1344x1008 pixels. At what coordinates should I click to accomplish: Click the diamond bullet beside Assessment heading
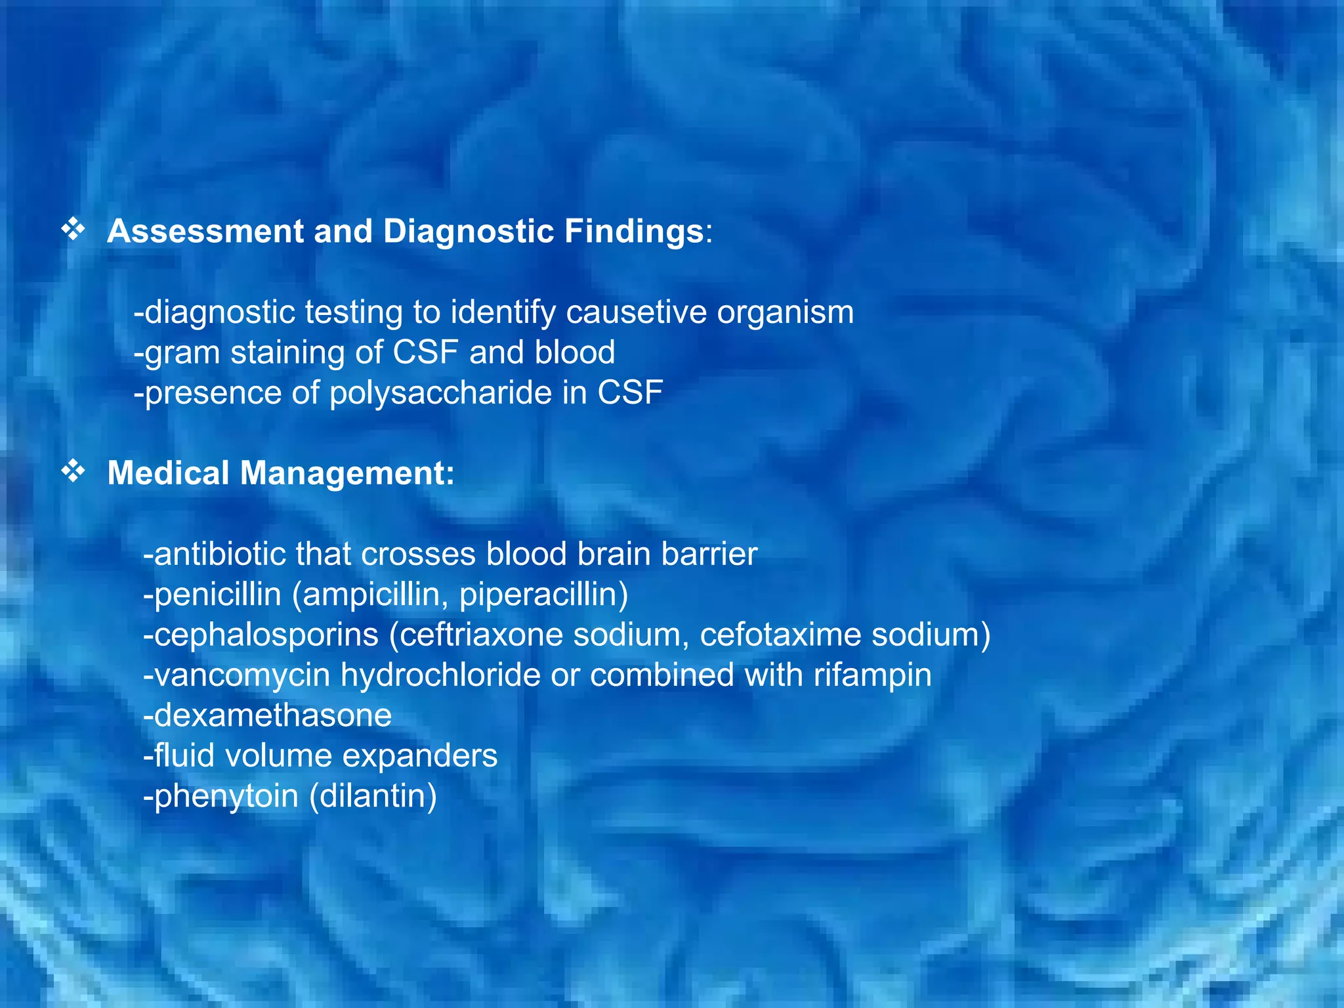pyautogui.click(x=73, y=229)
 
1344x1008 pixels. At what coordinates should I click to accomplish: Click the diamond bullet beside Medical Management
pyautogui.click(x=73, y=471)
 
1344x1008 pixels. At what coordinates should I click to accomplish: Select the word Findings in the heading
pyautogui.click(x=634, y=231)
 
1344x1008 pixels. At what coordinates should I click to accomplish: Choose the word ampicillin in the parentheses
pyautogui.click(x=371, y=595)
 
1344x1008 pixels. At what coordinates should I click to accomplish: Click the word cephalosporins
pyautogui.click(x=261, y=635)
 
